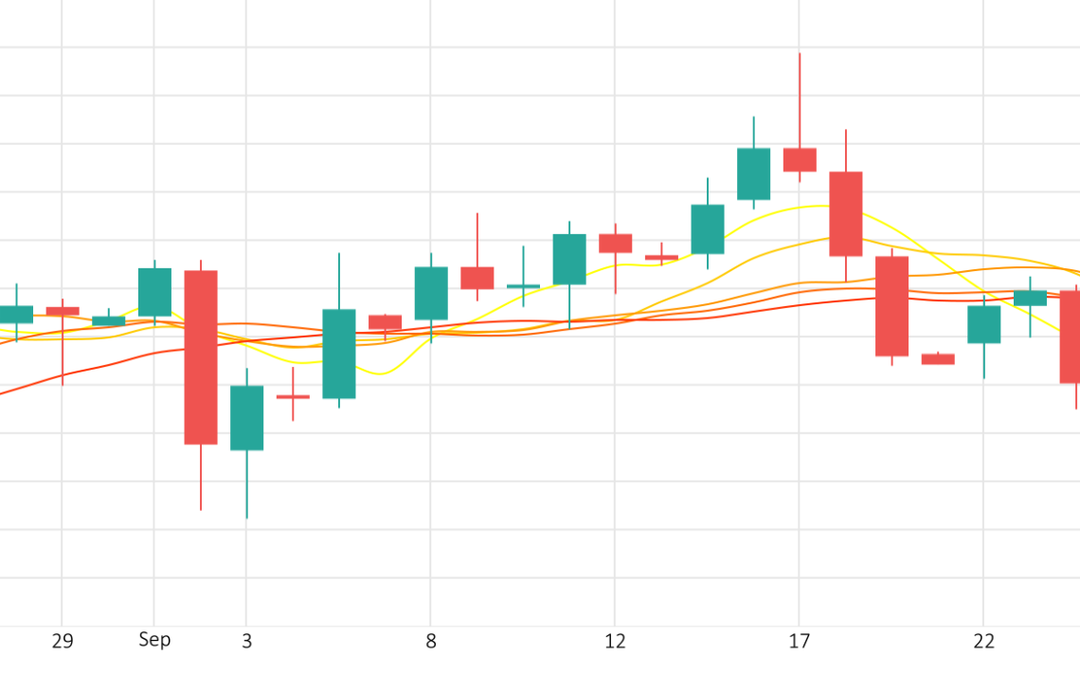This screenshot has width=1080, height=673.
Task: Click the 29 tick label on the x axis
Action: [62, 642]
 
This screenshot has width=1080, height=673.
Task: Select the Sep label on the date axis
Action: [154, 640]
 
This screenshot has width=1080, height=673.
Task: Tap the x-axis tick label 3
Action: [246, 642]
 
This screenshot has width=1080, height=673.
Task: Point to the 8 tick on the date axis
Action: [431, 642]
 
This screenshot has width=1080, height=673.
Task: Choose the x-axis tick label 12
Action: [615, 642]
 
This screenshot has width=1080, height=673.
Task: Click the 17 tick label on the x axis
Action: [799, 642]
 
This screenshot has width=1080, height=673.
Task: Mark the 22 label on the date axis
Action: [983, 642]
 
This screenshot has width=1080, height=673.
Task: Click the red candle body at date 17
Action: [800, 159]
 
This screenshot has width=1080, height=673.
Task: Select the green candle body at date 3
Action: [246, 418]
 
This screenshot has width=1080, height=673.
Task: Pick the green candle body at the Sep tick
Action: [154, 292]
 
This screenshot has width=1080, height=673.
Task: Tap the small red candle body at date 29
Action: [63, 311]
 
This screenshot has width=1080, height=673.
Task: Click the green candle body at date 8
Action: [431, 293]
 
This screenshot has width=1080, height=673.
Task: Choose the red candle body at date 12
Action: [615, 243]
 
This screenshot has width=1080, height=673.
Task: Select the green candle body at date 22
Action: [983, 324]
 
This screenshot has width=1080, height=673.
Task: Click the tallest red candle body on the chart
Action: [201, 357]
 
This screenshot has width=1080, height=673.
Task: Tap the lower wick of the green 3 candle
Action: [246, 484]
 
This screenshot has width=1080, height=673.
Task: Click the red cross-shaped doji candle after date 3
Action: [293, 396]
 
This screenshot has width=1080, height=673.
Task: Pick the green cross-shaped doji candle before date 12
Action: [523, 285]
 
